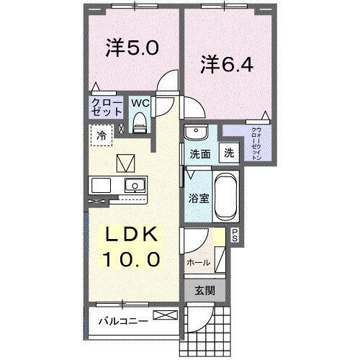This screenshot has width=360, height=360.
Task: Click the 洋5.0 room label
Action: [132, 49]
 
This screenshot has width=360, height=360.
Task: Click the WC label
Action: [140, 102]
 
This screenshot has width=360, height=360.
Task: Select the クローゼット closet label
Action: [105, 108]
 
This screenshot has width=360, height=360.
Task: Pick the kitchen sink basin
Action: [132, 186]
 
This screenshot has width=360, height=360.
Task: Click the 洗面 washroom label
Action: [199, 153]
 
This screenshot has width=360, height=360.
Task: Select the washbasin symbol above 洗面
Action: [194, 132]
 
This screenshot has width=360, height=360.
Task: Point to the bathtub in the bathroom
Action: [226, 197]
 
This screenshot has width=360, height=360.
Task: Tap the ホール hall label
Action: [198, 263]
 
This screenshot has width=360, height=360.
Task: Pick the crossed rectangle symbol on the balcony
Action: [164, 315]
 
